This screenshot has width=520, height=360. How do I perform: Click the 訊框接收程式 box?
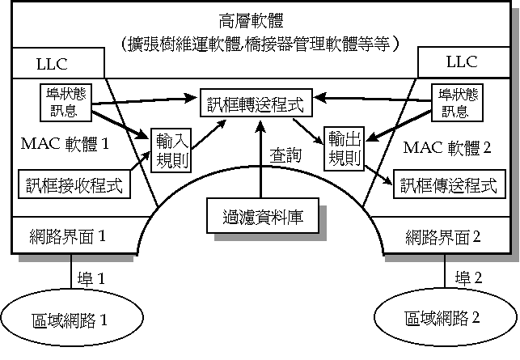pos(75,185)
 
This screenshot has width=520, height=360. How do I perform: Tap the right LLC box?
pos(462,61)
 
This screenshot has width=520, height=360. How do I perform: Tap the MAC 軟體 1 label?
pos(64,144)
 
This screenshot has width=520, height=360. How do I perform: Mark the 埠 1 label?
pos(91,279)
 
